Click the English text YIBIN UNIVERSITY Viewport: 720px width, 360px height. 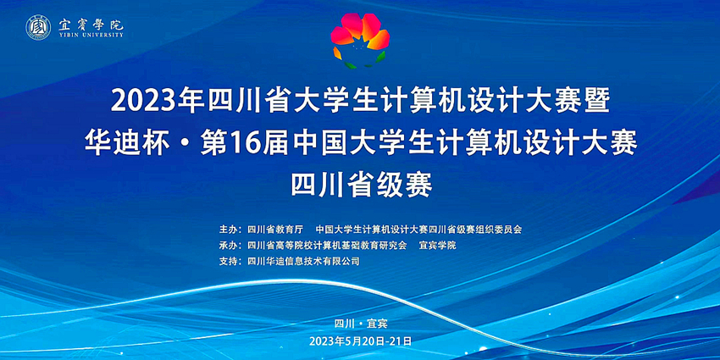[91, 36]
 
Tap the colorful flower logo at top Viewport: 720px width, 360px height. [361, 41]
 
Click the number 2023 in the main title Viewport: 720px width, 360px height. [140, 102]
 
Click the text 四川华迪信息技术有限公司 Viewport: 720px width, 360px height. [303, 262]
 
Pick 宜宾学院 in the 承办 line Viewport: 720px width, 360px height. [438, 246]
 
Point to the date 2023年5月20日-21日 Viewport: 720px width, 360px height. [361, 341]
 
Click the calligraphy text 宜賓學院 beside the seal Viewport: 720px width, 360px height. [91, 24]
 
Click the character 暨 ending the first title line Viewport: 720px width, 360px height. [598, 102]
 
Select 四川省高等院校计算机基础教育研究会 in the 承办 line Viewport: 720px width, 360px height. [327, 246]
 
